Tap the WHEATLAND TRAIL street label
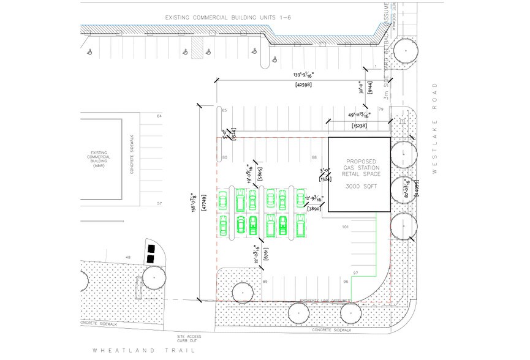click(x=143, y=351)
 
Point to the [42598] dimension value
click(x=303, y=84)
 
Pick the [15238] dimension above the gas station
click(x=360, y=126)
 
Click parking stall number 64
click(x=159, y=116)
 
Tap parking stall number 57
click(x=159, y=203)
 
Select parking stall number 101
click(x=345, y=227)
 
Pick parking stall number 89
click(x=265, y=281)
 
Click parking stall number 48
click(x=128, y=257)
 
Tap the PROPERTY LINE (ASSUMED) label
click(x=325, y=301)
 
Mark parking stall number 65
click(x=224, y=110)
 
